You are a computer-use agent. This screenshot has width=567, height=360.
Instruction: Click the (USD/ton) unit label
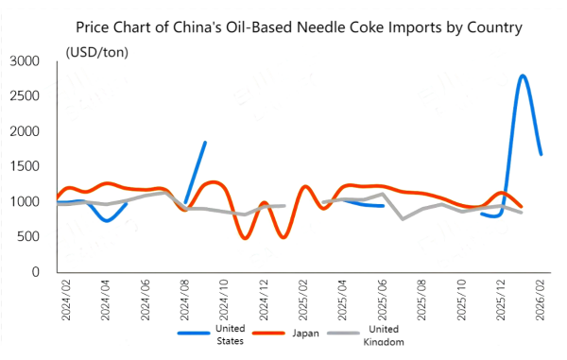(x=97, y=50)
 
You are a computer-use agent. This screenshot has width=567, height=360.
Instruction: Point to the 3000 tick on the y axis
(x=23, y=61)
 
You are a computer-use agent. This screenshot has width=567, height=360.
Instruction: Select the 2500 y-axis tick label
(x=23, y=96)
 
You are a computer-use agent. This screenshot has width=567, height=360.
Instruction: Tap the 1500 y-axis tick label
(x=23, y=166)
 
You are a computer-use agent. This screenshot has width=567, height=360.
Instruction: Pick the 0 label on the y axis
(x=35, y=272)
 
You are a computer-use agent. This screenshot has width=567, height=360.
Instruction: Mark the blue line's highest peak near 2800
(x=522, y=76)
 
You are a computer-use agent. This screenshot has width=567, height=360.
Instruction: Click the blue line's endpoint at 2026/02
(x=541, y=154)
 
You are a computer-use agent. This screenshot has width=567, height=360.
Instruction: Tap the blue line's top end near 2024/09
(x=205, y=143)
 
